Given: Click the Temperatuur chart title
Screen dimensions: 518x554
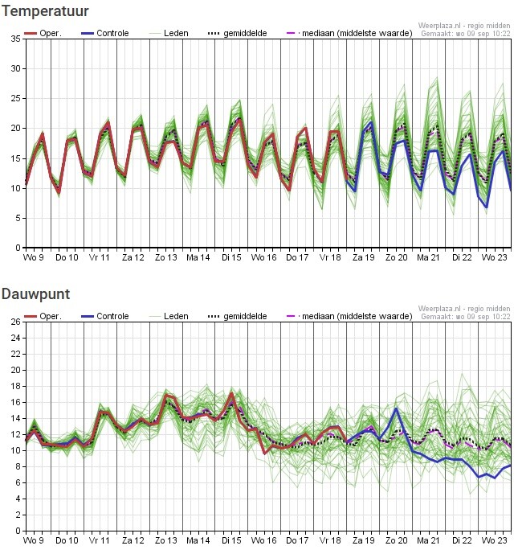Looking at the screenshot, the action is coord(45,11).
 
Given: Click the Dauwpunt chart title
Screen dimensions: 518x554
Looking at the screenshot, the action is coord(35,294).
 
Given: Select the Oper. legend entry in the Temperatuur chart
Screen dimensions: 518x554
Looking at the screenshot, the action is coord(43,33).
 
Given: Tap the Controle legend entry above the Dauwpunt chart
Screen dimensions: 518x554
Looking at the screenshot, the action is coord(104,316).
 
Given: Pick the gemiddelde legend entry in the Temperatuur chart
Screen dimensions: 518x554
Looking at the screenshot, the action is coord(238,33).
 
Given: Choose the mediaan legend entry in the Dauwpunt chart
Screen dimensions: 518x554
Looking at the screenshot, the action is coord(349,316).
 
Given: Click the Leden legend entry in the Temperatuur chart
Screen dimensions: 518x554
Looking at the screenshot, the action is coord(169,33).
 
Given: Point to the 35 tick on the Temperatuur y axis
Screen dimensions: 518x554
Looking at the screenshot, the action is coord(15,39).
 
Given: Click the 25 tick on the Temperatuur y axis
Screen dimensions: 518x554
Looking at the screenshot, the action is coord(15,98).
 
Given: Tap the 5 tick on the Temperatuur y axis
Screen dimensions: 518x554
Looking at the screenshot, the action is coord(18,218).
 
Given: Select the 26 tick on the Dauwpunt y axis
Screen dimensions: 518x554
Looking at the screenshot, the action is coord(15,322).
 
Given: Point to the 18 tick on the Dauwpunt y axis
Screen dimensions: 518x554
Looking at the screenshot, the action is coord(15,386).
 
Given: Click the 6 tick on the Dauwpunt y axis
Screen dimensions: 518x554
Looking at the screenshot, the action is coord(18,482).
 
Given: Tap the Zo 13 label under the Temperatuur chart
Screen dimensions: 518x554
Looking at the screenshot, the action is coord(166,257).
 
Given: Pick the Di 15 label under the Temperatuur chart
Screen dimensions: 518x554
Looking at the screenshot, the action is coord(231,257).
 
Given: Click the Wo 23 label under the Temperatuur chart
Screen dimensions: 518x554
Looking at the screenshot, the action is coord(494,257).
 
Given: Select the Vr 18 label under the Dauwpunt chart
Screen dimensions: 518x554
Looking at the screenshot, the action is coord(330,540).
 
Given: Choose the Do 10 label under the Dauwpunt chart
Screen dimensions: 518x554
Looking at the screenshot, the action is coord(67,540).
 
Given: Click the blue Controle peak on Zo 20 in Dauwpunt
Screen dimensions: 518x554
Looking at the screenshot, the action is coord(396,408).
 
